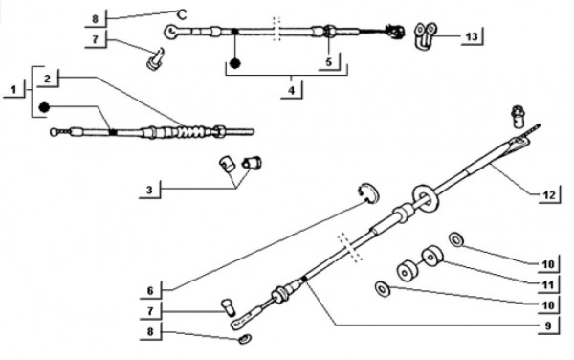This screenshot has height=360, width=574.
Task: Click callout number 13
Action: [x=472, y=36]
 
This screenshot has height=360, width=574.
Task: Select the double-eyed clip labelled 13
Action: [x=425, y=35]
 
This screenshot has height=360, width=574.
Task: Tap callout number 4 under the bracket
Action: [x=291, y=90]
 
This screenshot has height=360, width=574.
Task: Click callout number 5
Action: [x=328, y=62]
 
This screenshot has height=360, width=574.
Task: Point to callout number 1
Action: [x=13, y=89]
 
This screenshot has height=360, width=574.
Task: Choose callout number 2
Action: [x=47, y=79]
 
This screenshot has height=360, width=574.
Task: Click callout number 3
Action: [x=149, y=191]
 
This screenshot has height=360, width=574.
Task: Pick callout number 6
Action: [x=150, y=291]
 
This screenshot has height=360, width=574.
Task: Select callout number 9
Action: [x=548, y=326]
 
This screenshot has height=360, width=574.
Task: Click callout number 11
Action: [x=547, y=284]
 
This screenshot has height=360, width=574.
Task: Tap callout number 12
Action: [x=549, y=195]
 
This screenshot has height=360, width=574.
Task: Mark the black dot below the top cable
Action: [x=234, y=63]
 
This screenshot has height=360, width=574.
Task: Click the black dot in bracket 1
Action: [x=44, y=107]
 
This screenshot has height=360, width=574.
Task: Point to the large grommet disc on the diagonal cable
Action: [x=425, y=198]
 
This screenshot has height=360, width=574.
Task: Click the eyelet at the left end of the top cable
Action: [x=171, y=32]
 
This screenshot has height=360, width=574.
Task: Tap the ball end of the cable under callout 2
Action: [x=54, y=132]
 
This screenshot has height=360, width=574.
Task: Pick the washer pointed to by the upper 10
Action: [x=456, y=240]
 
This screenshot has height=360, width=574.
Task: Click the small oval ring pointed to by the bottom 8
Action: [x=244, y=339]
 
